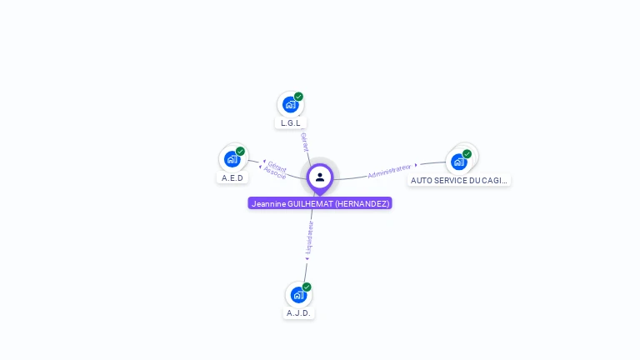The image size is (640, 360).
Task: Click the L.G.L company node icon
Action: (290, 104)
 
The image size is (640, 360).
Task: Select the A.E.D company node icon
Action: (232, 158)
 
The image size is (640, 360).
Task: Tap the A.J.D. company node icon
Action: (298, 294)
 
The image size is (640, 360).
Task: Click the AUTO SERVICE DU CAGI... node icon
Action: (458, 161)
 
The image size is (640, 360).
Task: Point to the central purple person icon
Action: (320, 177)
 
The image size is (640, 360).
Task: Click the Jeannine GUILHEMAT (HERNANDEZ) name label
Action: (320, 203)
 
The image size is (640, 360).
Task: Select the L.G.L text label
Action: (290, 123)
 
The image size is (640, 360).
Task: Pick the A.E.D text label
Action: (232, 178)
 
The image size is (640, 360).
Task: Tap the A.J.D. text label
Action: (298, 313)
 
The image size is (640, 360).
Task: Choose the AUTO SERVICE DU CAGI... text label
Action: (458, 180)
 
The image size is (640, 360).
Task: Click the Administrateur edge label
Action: (389, 171)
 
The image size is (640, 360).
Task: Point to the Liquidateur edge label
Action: (309, 237)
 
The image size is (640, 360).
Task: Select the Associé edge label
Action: (274, 173)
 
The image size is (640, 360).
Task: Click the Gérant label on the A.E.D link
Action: (277, 165)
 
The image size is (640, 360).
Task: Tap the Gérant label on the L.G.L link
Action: (304, 141)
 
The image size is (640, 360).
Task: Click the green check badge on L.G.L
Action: (298, 97)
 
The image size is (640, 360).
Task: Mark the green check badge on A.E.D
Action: (240, 152)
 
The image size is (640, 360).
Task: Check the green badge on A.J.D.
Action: (307, 287)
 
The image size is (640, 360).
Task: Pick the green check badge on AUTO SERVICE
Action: (467, 153)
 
